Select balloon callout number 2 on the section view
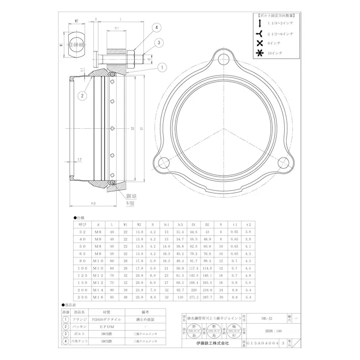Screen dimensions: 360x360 click(x=81, y=94)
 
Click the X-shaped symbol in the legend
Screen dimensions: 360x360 click(x=260, y=44)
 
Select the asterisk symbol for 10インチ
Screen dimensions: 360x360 click(x=260, y=54)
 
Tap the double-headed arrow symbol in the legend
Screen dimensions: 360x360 click(x=260, y=24)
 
